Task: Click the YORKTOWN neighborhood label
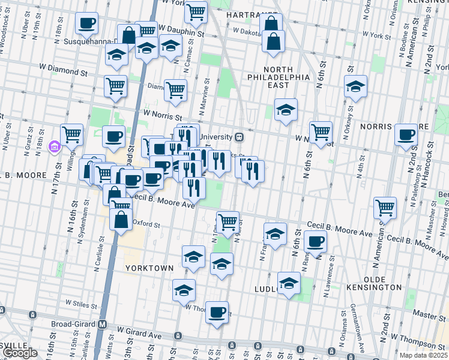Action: (x=149, y=268)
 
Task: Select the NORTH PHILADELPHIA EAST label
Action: (x=279, y=81)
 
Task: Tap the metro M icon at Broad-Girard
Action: (x=103, y=325)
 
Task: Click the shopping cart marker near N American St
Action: (x=385, y=208)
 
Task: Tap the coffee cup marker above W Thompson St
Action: (x=217, y=312)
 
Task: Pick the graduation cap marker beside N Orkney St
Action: (x=355, y=87)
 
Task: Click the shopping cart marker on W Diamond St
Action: (x=115, y=85)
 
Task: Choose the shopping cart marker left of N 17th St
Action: (x=71, y=134)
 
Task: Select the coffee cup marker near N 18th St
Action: (x=87, y=23)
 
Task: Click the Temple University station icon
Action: (x=239, y=136)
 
